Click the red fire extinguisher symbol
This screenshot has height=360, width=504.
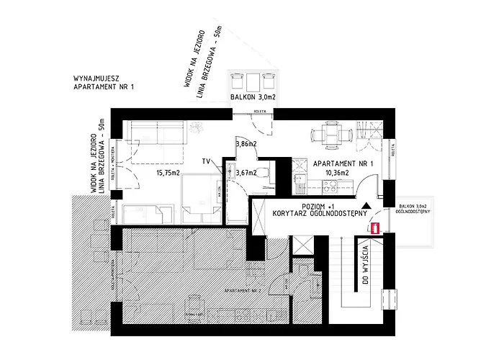pyautogui.click(x=375, y=228)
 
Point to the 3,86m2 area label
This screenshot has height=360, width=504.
pyautogui.click(x=246, y=145)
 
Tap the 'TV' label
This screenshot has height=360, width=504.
pyautogui.click(x=206, y=161)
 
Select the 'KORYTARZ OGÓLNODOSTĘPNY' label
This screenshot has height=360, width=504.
pyautogui.click(x=320, y=213)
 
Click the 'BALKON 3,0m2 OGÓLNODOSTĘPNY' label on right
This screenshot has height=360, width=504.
pyautogui.click(x=413, y=211)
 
